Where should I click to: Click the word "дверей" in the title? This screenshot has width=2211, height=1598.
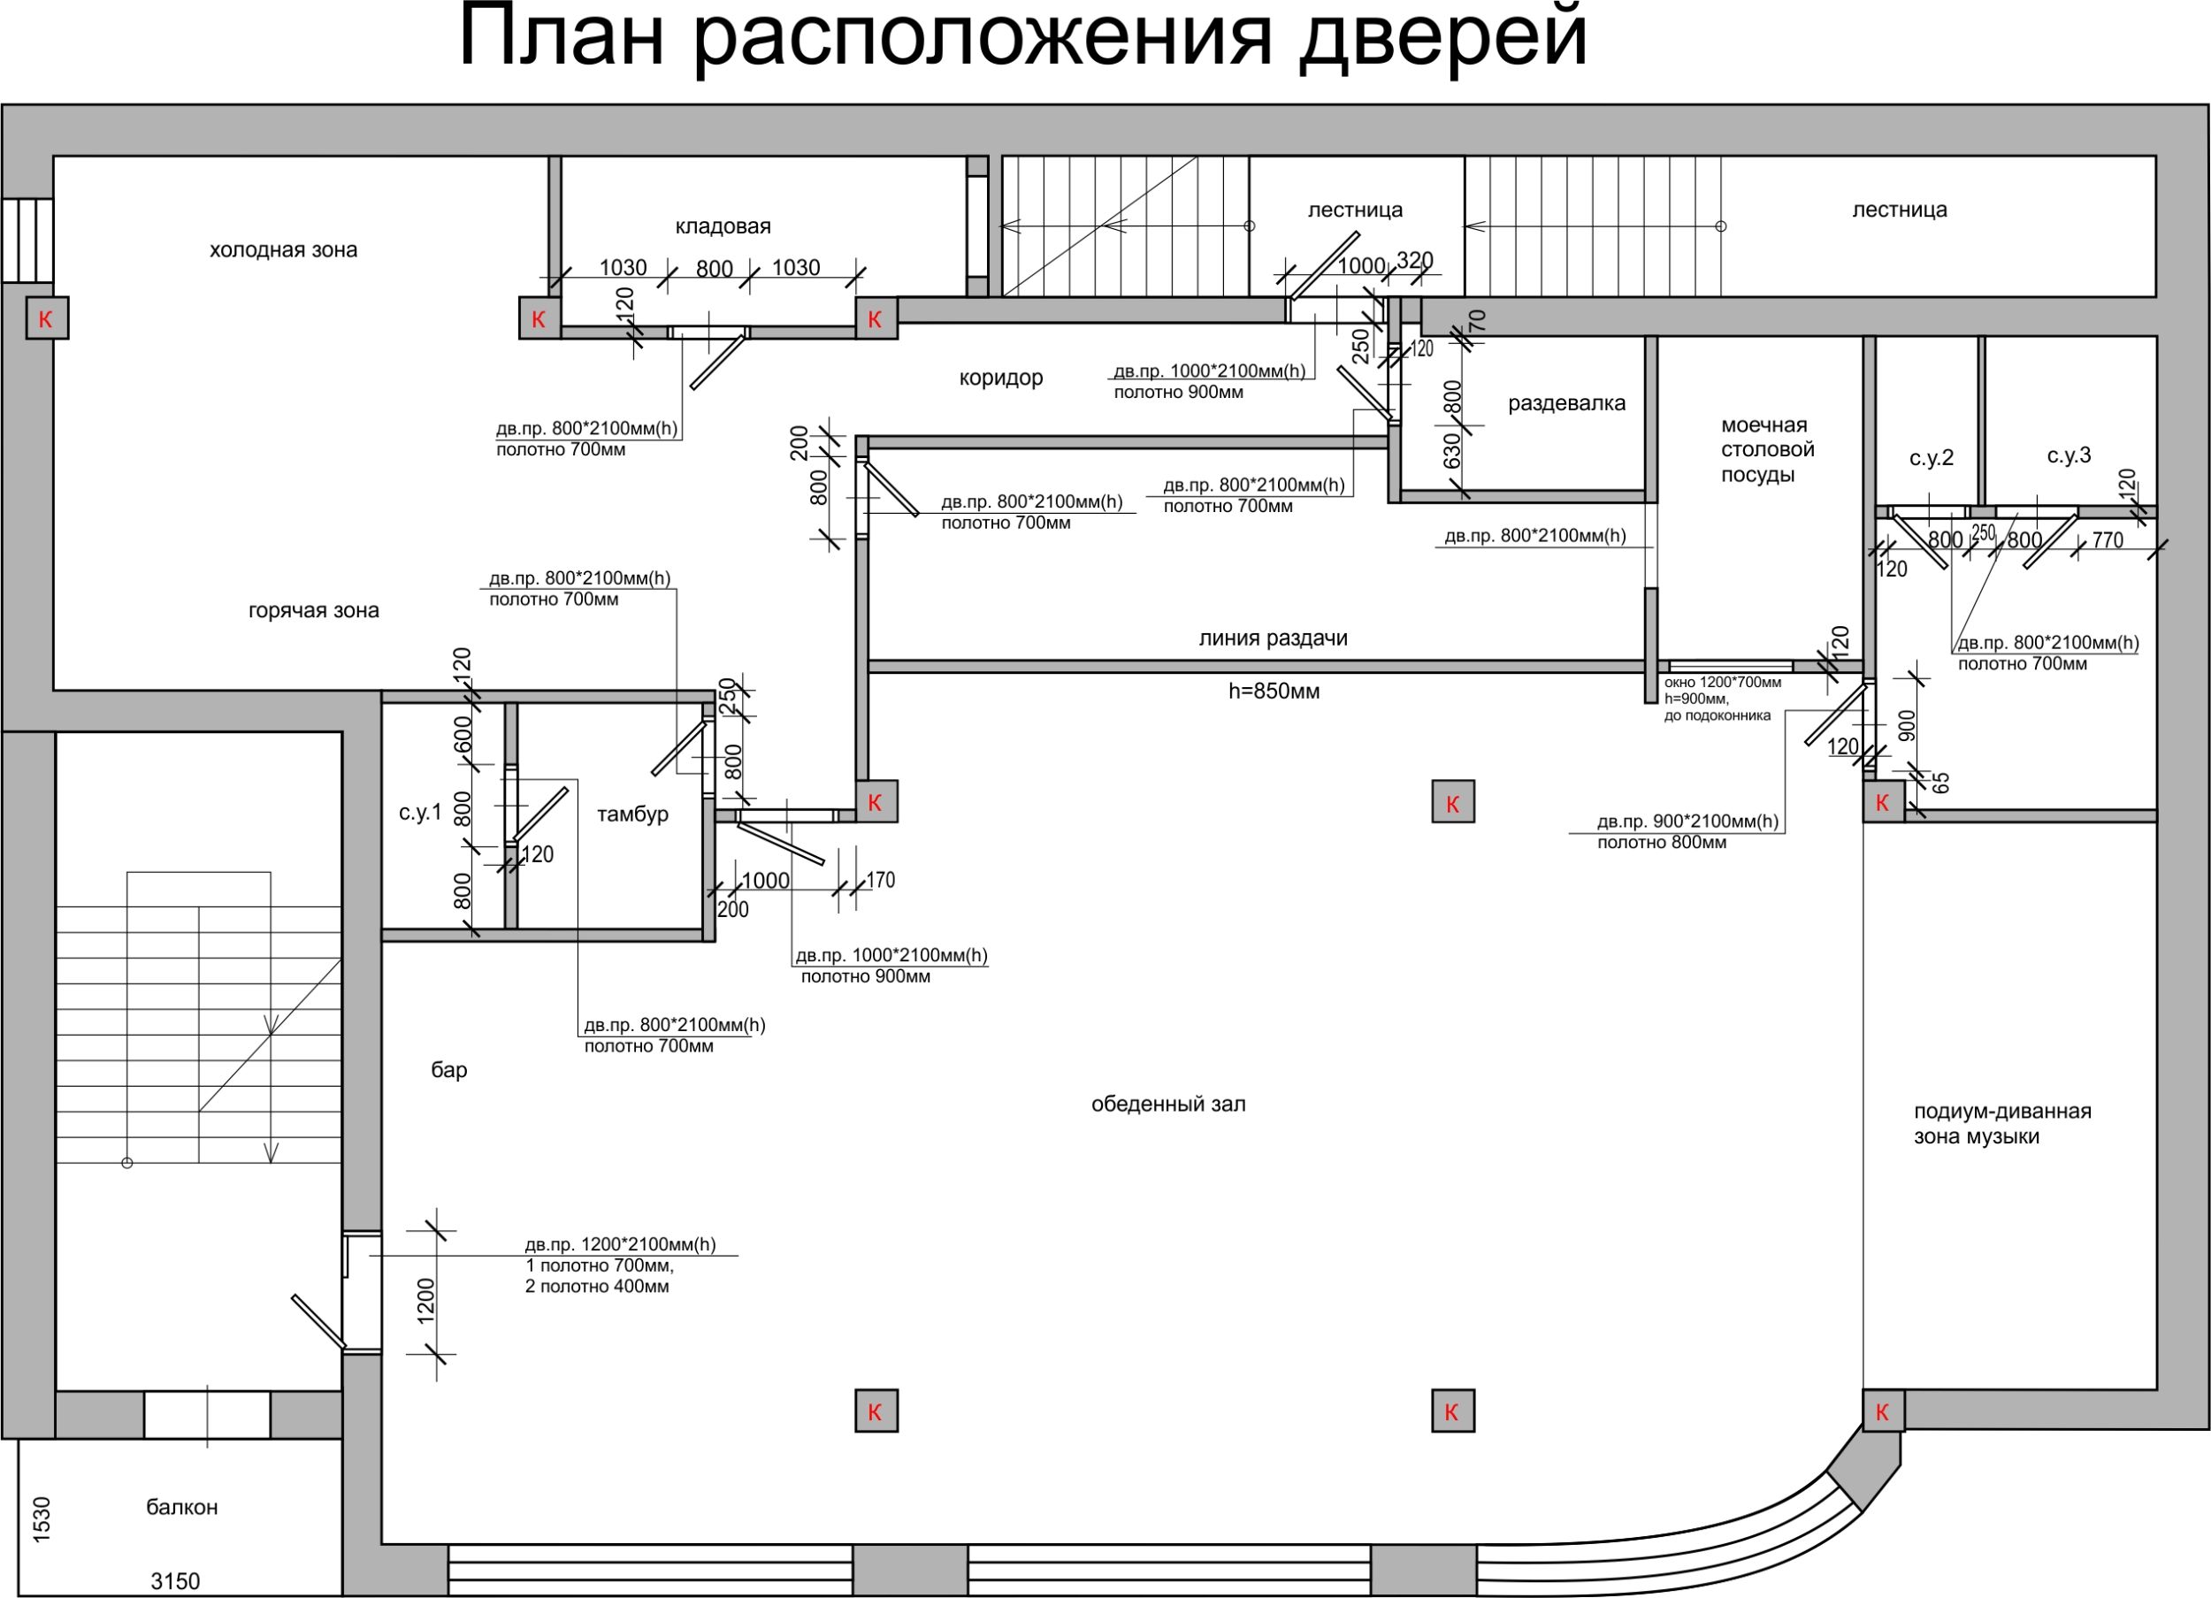[x=1442, y=39]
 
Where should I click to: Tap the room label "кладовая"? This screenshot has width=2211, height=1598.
[x=723, y=226]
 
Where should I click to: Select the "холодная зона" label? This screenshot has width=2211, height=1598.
[x=284, y=249]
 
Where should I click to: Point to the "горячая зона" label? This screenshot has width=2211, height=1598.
[x=314, y=611]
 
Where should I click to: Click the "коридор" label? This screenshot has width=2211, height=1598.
[x=1001, y=378]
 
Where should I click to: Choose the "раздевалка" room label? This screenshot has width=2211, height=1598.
[x=1566, y=403]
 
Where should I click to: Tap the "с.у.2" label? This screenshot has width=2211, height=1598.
[x=1932, y=458]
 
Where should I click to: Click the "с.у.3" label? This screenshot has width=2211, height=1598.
[x=2069, y=455]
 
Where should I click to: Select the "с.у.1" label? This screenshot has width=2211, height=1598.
[x=420, y=813]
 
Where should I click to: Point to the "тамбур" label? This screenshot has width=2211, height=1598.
[x=632, y=814]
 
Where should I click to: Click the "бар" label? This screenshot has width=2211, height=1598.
[x=449, y=1069]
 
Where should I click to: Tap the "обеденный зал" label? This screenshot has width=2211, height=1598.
[x=1168, y=1104]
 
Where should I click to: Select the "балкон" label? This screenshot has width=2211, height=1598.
[x=182, y=1506]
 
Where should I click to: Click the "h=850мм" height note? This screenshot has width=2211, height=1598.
[x=1274, y=692]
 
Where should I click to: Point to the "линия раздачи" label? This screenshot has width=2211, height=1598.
[x=1274, y=638]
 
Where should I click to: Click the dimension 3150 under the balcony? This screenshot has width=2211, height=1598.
[x=175, y=1580]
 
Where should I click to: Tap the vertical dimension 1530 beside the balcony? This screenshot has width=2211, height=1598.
[x=41, y=1519]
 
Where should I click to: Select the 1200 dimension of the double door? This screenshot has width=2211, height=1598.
[x=426, y=1301]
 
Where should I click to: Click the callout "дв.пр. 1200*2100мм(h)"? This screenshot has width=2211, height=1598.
[x=620, y=1244]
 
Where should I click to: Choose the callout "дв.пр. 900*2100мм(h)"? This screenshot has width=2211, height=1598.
[x=1687, y=822]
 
